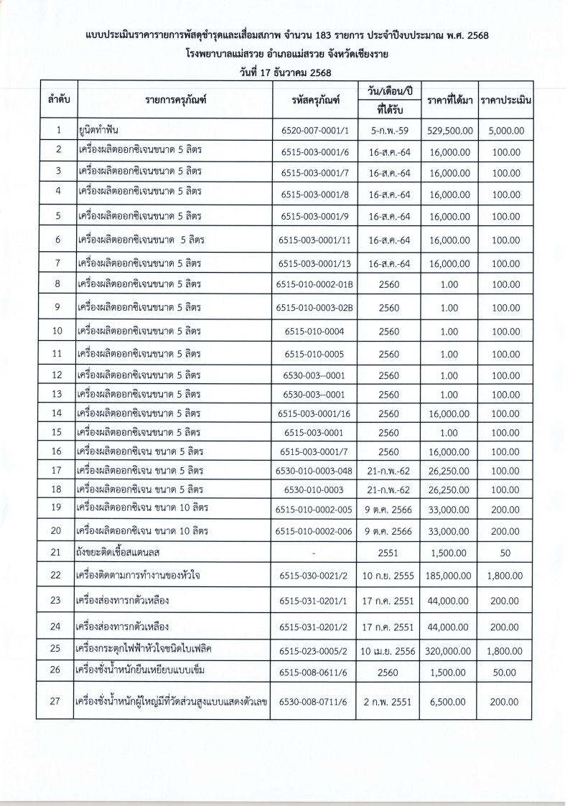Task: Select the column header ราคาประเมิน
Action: [x=506, y=100]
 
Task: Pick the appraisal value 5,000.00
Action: [x=506, y=131]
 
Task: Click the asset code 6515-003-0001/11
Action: [x=315, y=240]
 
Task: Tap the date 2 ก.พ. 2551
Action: [x=388, y=702]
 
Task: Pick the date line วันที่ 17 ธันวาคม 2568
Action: [x=285, y=72]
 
